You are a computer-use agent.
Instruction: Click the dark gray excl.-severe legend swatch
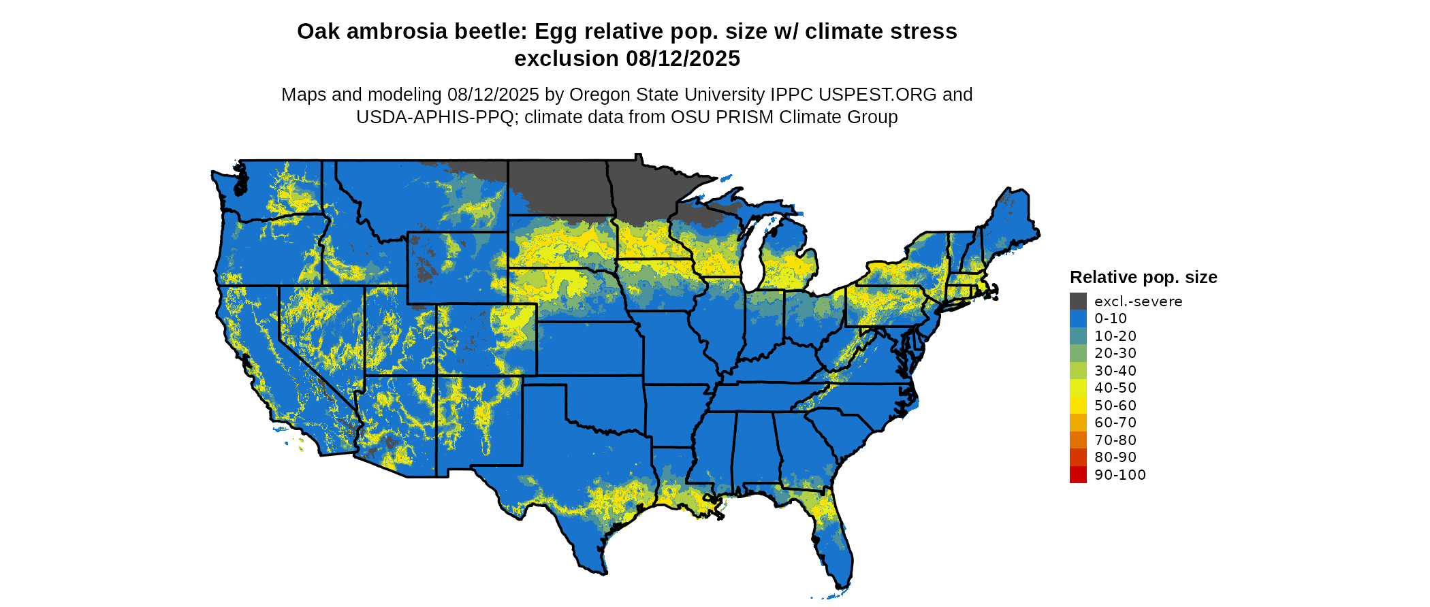(x=1078, y=301)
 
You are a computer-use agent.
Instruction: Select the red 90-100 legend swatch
(x=1078, y=474)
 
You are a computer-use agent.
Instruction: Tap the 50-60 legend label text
(x=1115, y=406)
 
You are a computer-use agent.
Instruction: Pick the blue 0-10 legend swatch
(x=1078, y=318)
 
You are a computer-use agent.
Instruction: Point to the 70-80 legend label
(x=1115, y=440)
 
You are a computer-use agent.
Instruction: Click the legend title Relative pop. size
(x=1143, y=278)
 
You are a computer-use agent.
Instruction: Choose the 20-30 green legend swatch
(x=1078, y=353)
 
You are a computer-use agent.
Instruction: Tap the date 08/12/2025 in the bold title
(x=682, y=59)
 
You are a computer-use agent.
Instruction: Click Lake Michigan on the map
(x=752, y=259)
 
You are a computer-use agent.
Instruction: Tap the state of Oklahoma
(x=606, y=405)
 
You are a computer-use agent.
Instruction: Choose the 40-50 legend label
(x=1115, y=388)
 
